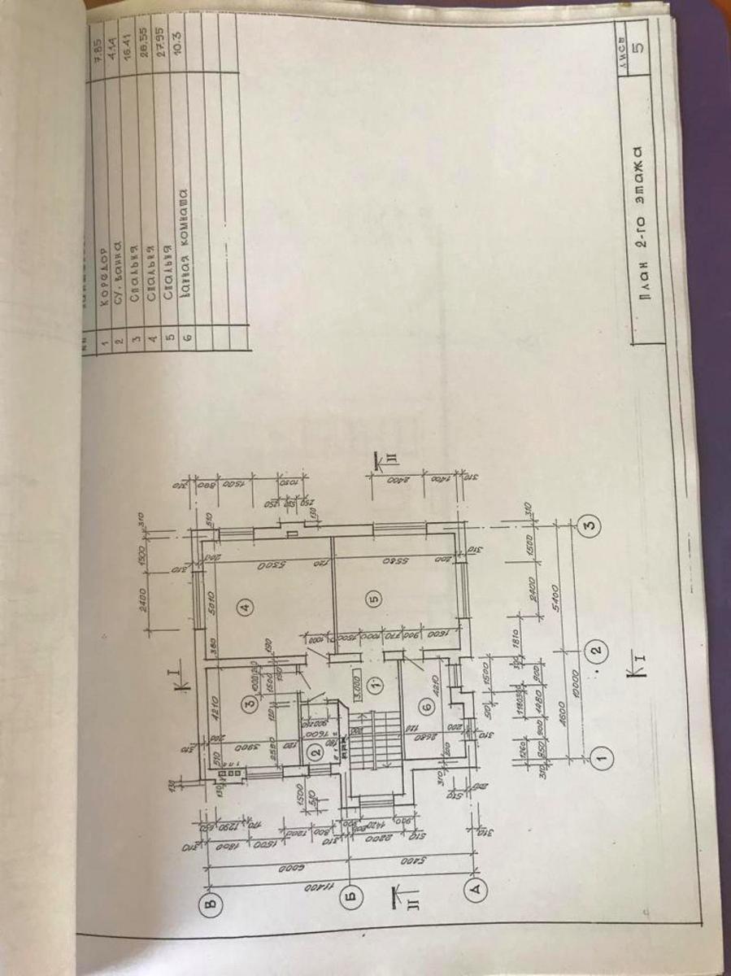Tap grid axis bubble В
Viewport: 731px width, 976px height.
pyautogui.click(x=211, y=904)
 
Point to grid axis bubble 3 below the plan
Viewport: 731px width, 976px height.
pyautogui.click(x=589, y=526)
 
